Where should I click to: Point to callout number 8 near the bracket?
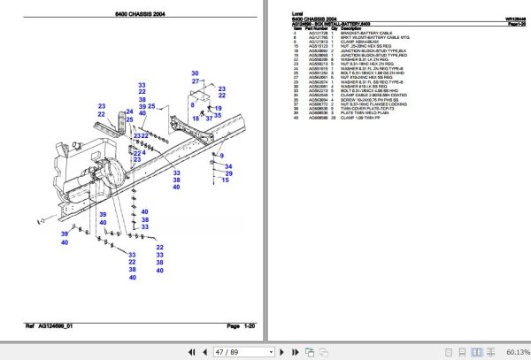pyautogui.click(x=189, y=103)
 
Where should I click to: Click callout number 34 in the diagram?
pyautogui.click(x=227, y=166)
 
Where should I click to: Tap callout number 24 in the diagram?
pyautogui.click(x=129, y=112)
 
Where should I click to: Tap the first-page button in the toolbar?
pyautogui.click(x=170, y=351)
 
